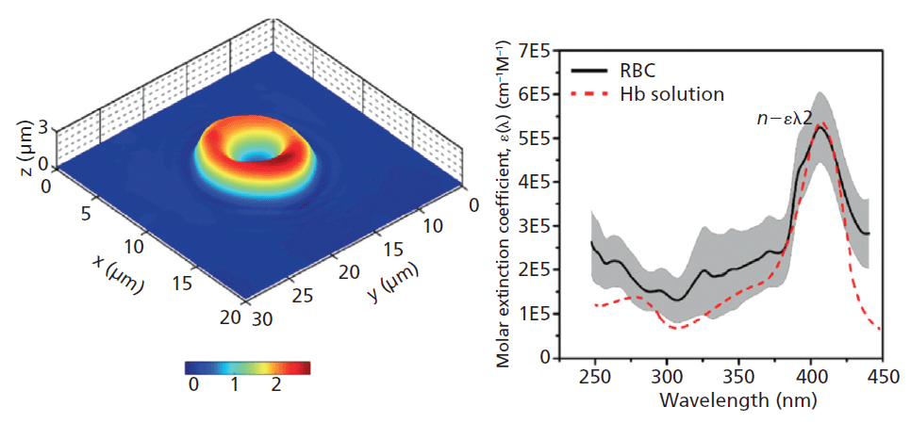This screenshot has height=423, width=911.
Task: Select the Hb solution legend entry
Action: coord(672,94)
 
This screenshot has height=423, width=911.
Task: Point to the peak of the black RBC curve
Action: coord(820,126)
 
